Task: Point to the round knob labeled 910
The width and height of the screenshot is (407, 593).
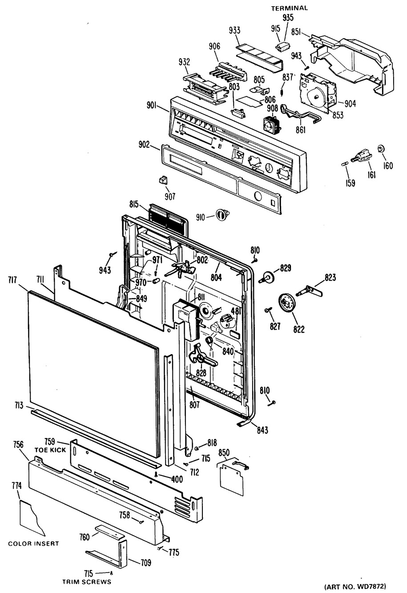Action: (x=221, y=215)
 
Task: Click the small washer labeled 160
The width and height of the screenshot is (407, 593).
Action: (x=381, y=148)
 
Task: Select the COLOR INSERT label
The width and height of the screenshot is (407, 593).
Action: (x=33, y=544)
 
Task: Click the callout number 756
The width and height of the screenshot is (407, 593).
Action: (x=19, y=444)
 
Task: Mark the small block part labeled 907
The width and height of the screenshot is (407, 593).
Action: (x=163, y=180)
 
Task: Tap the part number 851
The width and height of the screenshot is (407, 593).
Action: (x=297, y=32)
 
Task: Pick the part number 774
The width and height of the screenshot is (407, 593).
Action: (x=16, y=486)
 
